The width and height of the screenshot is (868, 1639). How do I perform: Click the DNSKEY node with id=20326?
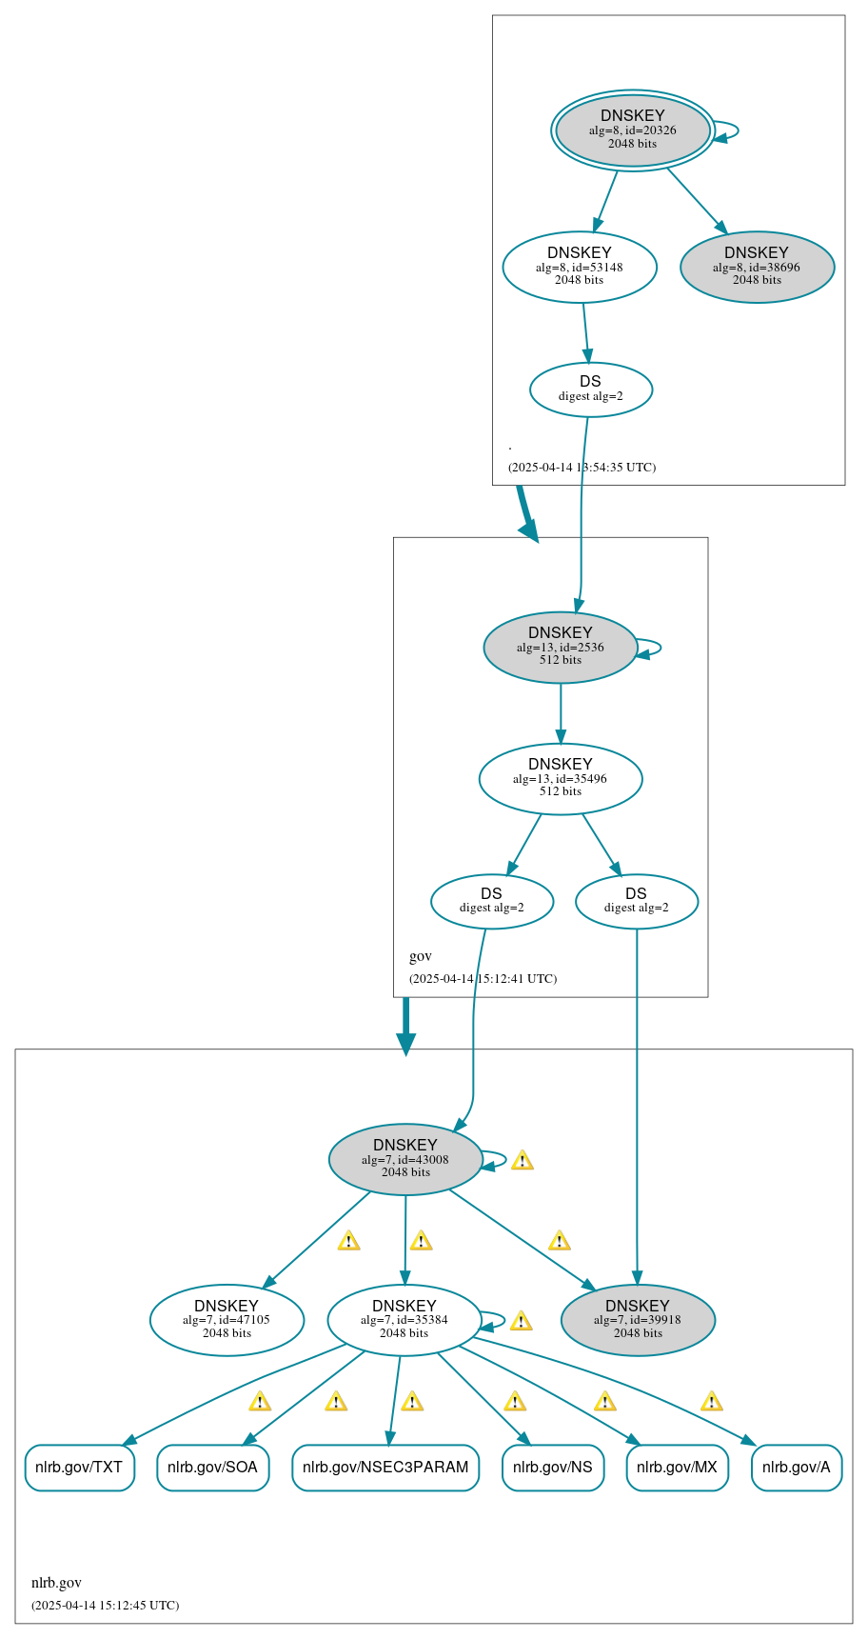[x=632, y=130]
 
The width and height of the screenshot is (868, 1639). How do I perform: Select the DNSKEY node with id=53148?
[x=579, y=267]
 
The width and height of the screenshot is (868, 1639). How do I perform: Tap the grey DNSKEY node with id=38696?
[x=757, y=267]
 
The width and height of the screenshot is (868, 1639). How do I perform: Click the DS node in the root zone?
[x=590, y=389]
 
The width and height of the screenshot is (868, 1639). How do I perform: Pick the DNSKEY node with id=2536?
[x=560, y=647]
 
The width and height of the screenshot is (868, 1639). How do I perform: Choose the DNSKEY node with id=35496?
[x=560, y=778]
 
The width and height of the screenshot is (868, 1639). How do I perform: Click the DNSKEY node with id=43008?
[x=404, y=1158]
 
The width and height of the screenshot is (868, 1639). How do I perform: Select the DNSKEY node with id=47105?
[x=227, y=1319]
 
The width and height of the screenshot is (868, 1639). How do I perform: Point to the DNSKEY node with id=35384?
[x=404, y=1319]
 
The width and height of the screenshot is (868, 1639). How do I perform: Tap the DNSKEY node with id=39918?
[x=638, y=1319]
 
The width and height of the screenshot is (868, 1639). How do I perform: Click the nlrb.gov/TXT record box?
[x=79, y=1467]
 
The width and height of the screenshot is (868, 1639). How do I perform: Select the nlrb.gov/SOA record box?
[x=212, y=1467]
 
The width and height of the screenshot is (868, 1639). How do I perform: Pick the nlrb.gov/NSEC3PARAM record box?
[x=385, y=1467]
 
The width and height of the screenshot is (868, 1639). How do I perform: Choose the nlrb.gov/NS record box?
[x=552, y=1467]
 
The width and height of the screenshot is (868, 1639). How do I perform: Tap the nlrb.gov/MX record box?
[x=677, y=1467]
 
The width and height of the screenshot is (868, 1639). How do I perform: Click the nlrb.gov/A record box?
[x=796, y=1467]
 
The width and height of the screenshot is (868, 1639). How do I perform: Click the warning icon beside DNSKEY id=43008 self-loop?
[x=522, y=1160]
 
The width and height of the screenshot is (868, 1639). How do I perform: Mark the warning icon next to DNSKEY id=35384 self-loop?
[x=521, y=1321]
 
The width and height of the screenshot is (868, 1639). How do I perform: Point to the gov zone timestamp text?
[x=483, y=978]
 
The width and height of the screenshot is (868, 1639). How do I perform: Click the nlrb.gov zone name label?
[x=56, y=1582]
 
